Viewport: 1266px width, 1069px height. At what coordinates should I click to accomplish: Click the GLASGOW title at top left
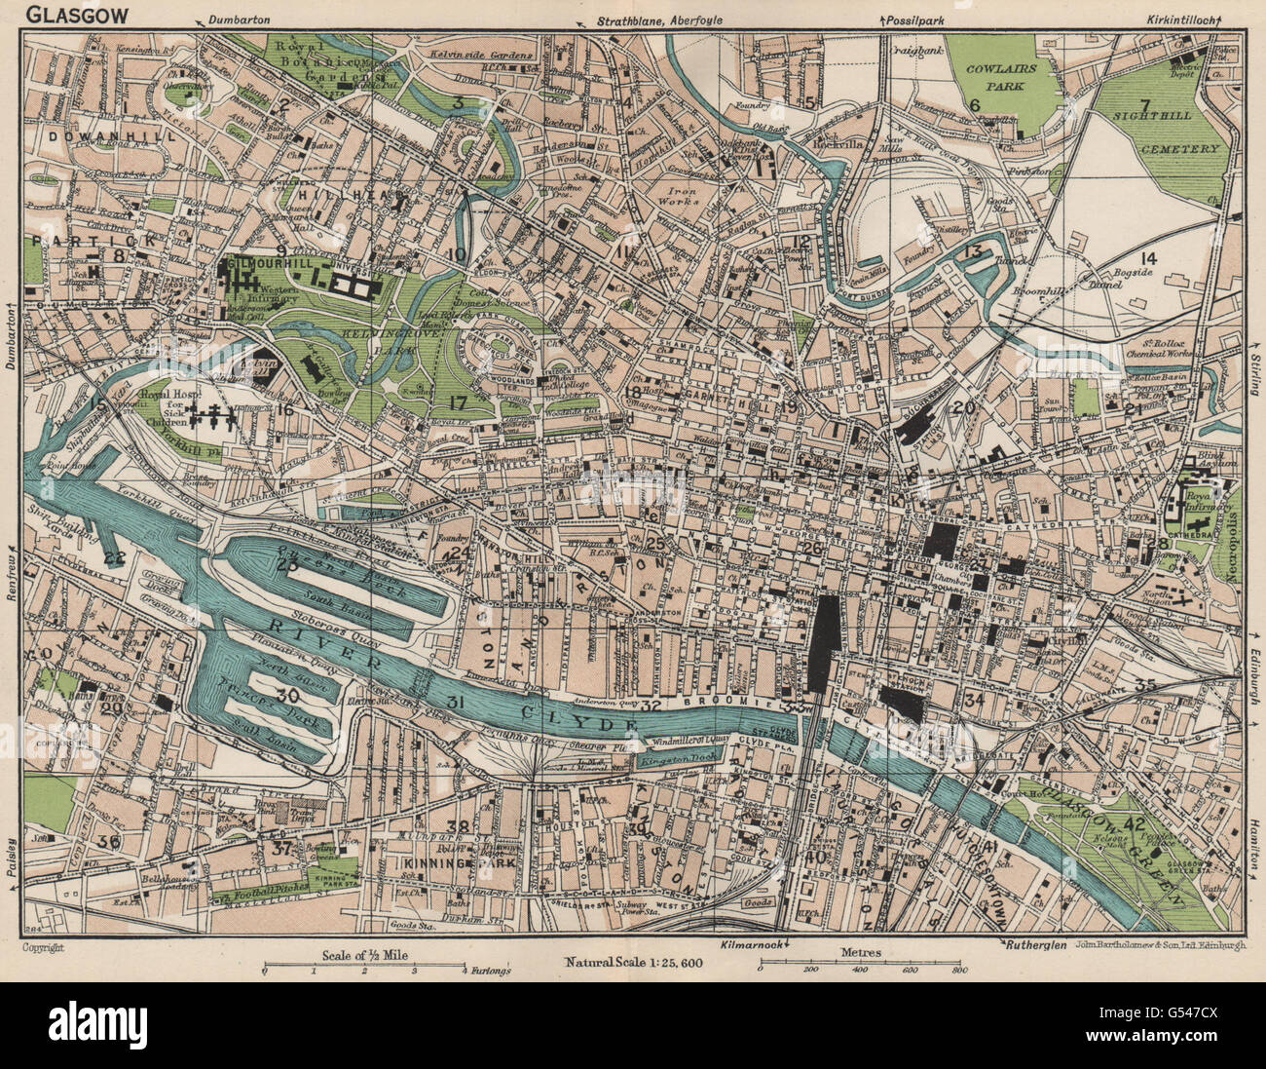60,15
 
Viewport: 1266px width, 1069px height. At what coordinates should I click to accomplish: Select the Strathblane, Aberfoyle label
652,19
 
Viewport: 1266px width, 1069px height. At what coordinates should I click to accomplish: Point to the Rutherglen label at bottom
1032,946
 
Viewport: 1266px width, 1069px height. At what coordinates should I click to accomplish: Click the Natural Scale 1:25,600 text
634,962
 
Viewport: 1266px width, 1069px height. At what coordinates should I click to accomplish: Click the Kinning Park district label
435,862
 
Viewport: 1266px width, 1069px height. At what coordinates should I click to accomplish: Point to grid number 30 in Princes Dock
285,696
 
